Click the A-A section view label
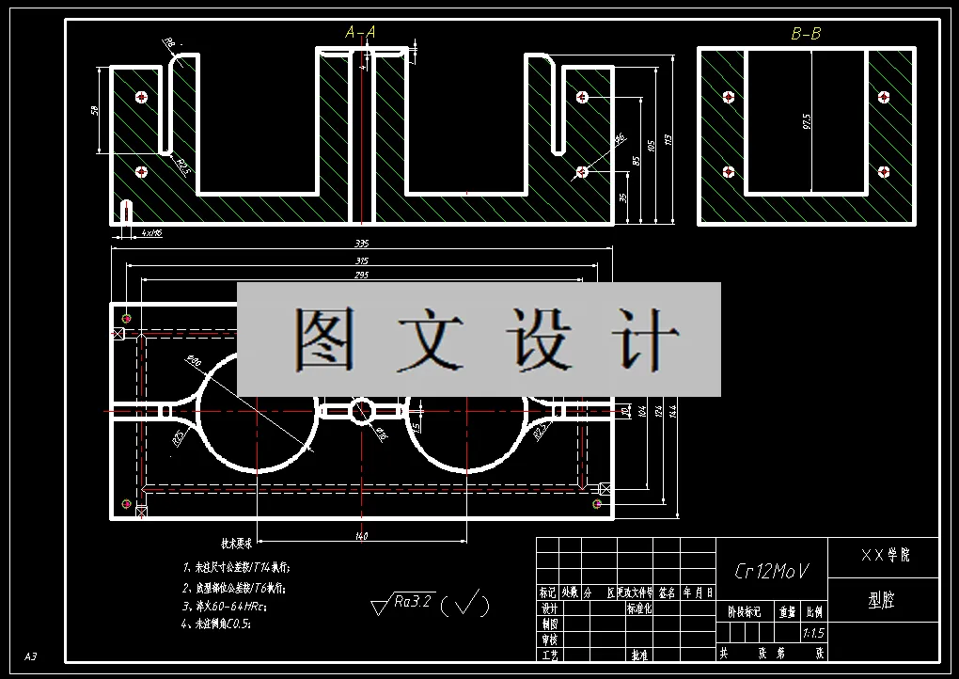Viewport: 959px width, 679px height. [361, 32]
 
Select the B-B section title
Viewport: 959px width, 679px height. [806, 34]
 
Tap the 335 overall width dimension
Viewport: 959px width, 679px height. [361, 244]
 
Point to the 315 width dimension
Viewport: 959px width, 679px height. [361, 261]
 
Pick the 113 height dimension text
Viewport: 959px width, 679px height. [668, 138]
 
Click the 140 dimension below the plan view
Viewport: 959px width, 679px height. [361, 536]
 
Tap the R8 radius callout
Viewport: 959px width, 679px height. [169, 42]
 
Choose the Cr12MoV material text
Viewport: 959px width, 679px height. [771, 571]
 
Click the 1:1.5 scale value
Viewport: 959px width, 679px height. [814, 633]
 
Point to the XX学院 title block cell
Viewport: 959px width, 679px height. [885, 555]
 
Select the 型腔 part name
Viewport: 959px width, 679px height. [882, 600]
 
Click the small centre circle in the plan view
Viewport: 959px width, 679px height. [362, 410]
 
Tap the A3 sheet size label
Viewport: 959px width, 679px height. [30, 655]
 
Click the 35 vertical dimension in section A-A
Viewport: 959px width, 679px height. [623, 198]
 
